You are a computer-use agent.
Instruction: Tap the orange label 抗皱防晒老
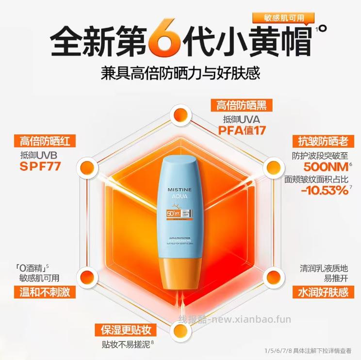[x=320, y=141]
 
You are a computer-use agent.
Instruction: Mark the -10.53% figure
[x=324, y=190]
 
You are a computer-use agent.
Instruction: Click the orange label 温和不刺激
[x=40, y=292]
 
